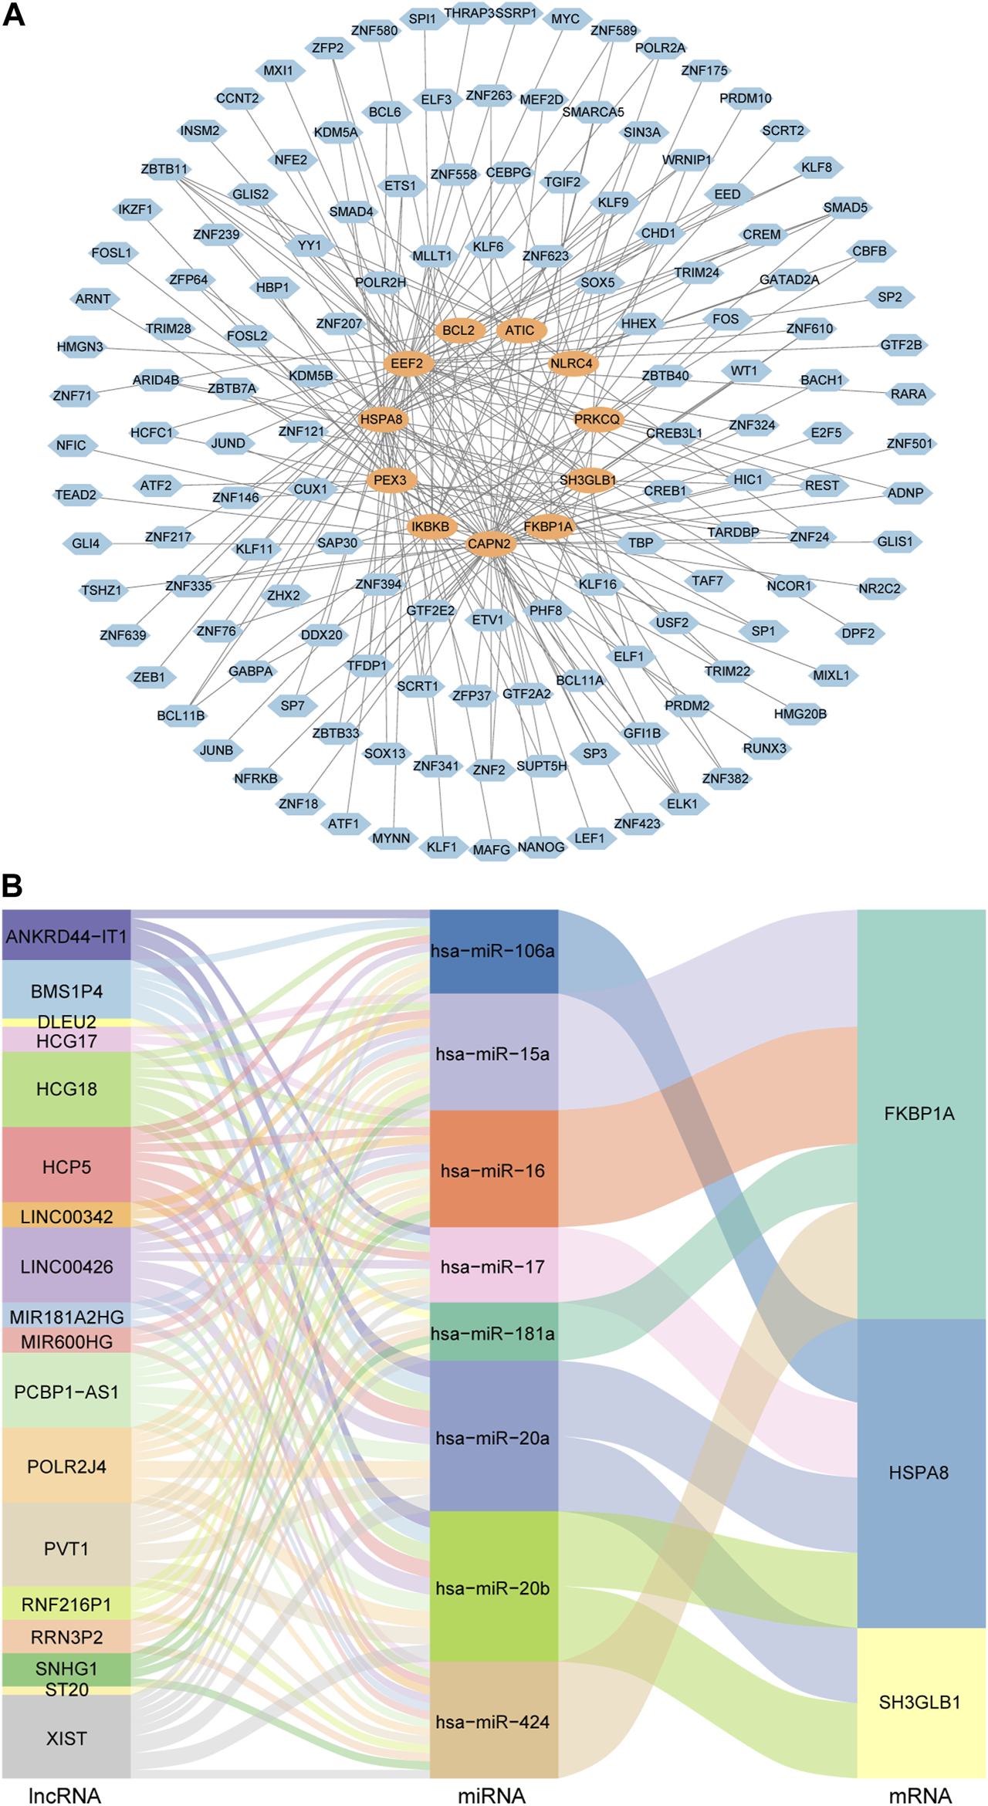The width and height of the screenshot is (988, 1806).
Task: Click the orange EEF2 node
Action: pyautogui.click(x=408, y=364)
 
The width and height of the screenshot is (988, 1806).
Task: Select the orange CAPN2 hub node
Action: pyautogui.click(x=489, y=544)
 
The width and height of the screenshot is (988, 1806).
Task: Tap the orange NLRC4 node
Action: pyautogui.click(x=572, y=364)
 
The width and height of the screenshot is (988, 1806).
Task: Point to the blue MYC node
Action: pyautogui.click(x=565, y=19)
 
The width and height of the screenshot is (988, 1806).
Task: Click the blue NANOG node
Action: pyautogui.click(x=541, y=847)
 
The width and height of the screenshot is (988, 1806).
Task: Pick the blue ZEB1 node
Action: pyautogui.click(x=150, y=678)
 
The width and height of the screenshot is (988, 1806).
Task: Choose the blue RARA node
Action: pyautogui.click(x=908, y=394)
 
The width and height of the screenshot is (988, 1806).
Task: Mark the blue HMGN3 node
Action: pyautogui.click(x=80, y=347)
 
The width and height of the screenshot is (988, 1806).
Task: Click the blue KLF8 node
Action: pyautogui.click(x=817, y=167)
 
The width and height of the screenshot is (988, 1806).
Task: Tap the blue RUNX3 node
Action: pyautogui.click(x=765, y=749)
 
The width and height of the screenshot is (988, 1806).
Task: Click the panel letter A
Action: pyautogui.click(x=14, y=15)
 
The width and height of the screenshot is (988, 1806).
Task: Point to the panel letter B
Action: pyautogui.click(x=12, y=886)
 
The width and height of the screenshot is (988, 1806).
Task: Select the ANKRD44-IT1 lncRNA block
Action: pyautogui.click(x=66, y=936)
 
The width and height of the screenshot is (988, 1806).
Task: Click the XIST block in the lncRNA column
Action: pyautogui.click(x=66, y=1739)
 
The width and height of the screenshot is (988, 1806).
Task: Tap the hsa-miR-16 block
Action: pyautogui.click(x=493, y=1171)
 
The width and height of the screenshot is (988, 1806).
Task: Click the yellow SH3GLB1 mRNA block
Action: pyautogui.click(x=921, y=1703)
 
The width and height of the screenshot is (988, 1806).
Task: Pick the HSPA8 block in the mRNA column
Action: pyautogui.click(x=921, y=1473)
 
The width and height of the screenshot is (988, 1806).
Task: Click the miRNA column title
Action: pyautogui.click(x=492, y=1795)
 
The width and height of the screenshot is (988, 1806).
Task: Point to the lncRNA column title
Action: pyautogui.click(x=65, y=1795)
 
